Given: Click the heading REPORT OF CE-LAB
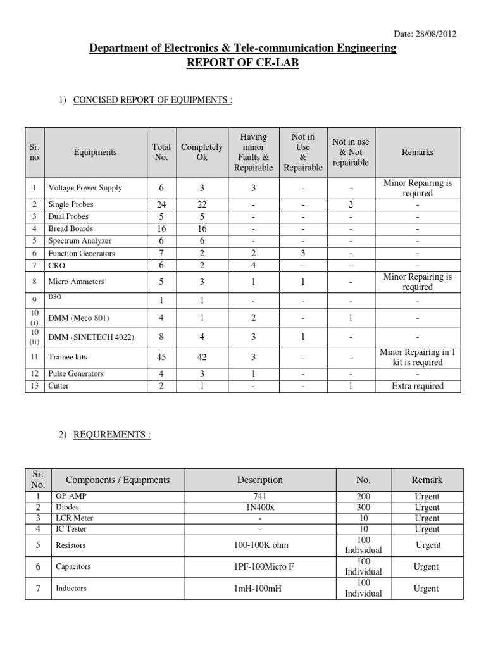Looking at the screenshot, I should [242, 63].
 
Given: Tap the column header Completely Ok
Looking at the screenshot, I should [201, 152].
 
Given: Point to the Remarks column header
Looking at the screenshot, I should [418, 152].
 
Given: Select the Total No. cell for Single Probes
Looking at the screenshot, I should [161, 204].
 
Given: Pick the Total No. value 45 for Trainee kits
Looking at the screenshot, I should [161, 358].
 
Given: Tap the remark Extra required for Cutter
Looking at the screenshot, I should [418, 386].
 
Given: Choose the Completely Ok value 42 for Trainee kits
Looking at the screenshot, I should [201, 358].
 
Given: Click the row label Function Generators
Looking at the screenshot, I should [82, 253].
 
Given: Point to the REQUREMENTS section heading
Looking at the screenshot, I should [112, 435].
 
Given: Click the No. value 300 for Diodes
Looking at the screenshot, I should [363, 508].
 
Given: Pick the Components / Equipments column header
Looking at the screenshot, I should [118, 480].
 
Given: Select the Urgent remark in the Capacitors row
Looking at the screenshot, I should [426, 567].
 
